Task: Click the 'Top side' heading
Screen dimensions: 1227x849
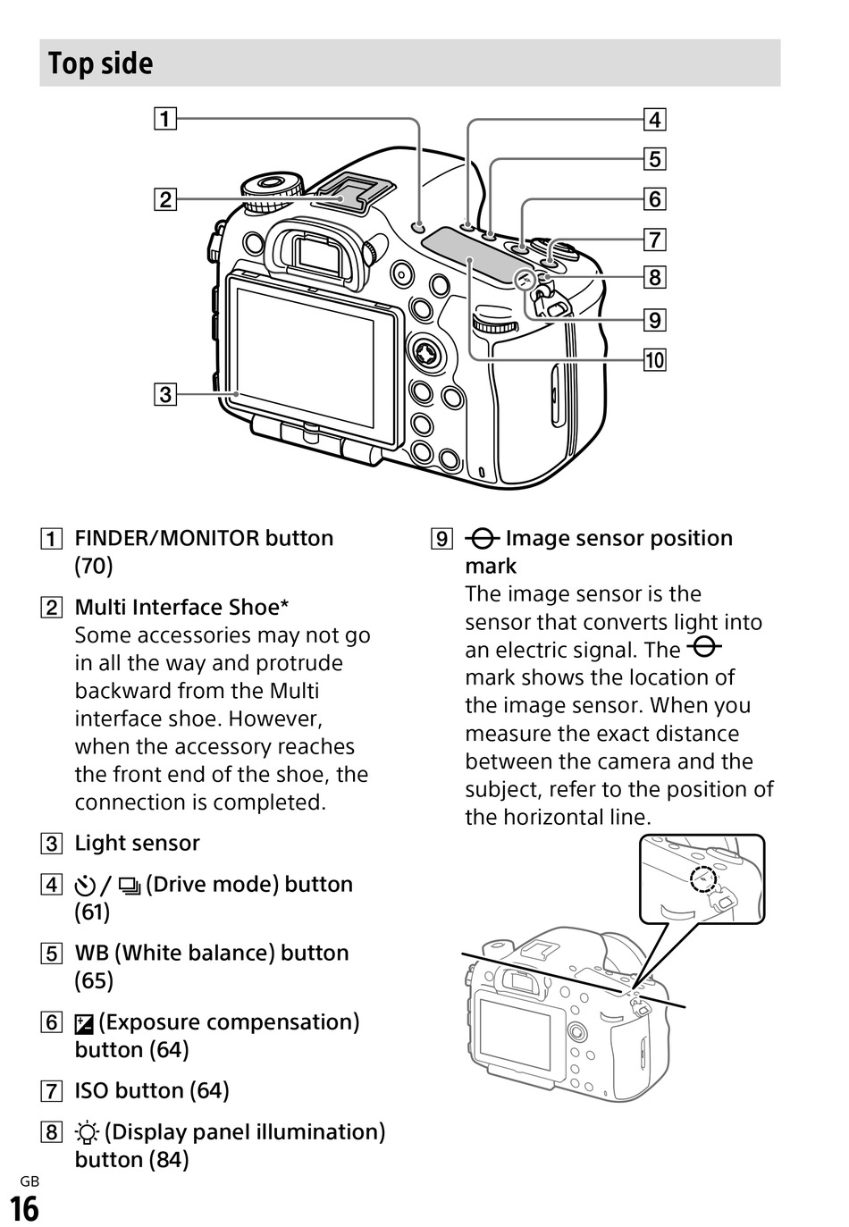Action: click(100, 63)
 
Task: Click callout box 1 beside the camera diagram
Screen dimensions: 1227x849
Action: click(165, 119)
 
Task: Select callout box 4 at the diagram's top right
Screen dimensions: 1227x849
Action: click(654, 119)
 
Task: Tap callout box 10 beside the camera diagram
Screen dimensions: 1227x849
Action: click(654, 360)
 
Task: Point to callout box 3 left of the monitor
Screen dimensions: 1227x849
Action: click(165, 393)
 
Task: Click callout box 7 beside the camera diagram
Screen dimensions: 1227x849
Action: click(654, 240)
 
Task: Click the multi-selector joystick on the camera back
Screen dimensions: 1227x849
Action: click(427, 353)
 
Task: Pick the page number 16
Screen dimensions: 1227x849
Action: click(24, 1208)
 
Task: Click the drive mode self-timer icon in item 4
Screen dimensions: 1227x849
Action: click(85, 886)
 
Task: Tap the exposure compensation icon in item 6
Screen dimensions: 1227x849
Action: click(84, 1023)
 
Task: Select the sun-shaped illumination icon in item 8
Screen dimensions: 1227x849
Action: click(87, 1133)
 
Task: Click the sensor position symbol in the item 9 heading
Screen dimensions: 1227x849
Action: click(483, 539)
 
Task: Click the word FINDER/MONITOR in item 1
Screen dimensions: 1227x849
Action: click(167, 539)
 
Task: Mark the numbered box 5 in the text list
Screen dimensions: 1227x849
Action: click(52, 954)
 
